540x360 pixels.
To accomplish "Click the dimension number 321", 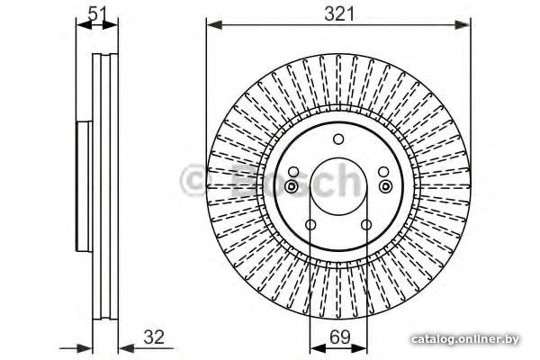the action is [339, 14].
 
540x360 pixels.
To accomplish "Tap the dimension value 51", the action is [97, 13].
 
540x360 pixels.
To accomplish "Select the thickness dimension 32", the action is [154, 337].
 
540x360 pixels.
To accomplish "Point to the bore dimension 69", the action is [339, 337].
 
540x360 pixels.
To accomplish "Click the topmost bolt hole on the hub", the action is [338, 139].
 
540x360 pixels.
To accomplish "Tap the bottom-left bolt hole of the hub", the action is [310, 225].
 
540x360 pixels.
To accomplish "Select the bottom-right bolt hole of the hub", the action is [366, 225].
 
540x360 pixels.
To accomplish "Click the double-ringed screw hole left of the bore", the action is [292, 186].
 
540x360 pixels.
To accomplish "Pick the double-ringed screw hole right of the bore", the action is [386, 186].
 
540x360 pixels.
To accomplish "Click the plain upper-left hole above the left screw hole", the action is [293, 172].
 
